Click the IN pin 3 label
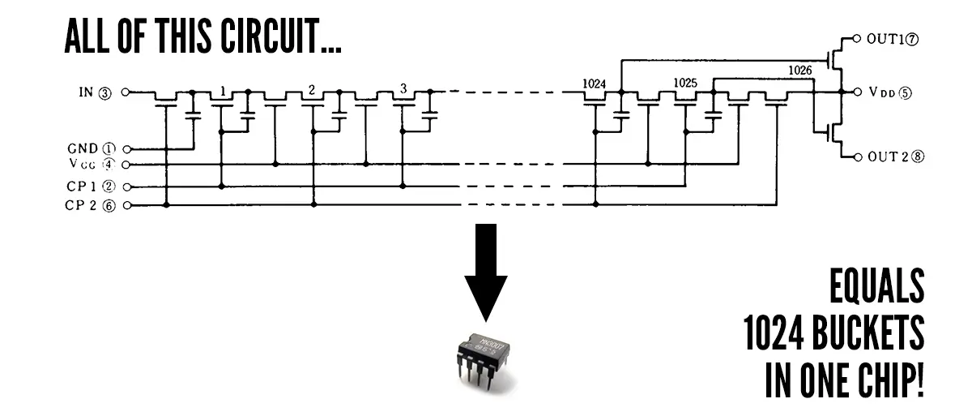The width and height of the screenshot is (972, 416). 94,92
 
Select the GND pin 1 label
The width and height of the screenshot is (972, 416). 92,149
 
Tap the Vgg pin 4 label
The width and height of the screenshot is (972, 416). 92,165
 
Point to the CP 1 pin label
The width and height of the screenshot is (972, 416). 92,186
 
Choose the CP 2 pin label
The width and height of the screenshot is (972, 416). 92,205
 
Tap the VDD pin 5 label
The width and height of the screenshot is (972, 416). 889,92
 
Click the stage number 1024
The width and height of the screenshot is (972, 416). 594,84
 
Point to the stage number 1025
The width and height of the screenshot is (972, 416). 685,84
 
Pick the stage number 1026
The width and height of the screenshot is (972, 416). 799,71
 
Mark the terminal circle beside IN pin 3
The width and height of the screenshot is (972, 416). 126,92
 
